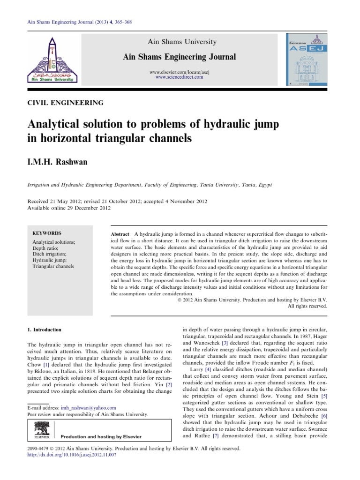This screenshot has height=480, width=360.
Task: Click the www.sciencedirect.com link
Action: tap(179, 77)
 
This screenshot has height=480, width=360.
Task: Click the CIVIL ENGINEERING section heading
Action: tap(66, 103)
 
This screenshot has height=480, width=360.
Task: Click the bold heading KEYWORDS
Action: tap(46, 233)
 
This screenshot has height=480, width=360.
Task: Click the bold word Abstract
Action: tap(120, 233)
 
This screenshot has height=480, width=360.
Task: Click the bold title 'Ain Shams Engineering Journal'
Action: tap(179, 57)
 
